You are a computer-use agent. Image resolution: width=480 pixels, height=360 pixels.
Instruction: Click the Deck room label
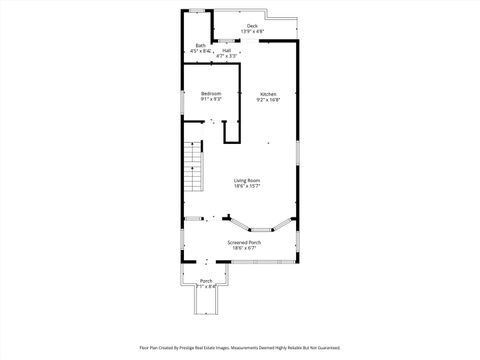click(252, 26)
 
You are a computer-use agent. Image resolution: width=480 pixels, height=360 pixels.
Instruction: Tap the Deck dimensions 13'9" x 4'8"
click(252, 32)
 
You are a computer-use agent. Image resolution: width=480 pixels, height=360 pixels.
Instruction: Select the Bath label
click(201, 45)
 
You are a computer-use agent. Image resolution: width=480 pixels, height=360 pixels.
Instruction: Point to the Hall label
click(227, 50)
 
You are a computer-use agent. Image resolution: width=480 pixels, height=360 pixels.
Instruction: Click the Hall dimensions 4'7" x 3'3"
click(227, 56)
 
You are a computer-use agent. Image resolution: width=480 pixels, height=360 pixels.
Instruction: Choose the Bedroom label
click(211, 94)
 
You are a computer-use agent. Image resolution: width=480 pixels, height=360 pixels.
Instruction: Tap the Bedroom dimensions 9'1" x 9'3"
click(211, 100)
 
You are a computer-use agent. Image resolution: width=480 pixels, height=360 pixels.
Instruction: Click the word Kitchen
click(268, 94)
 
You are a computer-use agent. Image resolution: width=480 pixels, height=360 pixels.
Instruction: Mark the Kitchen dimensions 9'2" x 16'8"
click(268, 100)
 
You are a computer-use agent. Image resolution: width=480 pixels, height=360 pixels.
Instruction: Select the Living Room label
click(247, 180)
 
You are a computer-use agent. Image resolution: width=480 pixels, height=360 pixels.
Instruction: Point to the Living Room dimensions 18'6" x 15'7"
click(247, 186)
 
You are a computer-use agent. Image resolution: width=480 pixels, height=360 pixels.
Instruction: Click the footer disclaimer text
click(239, 348)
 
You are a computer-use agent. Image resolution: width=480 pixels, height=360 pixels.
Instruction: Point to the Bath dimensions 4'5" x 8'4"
click(201, 51)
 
